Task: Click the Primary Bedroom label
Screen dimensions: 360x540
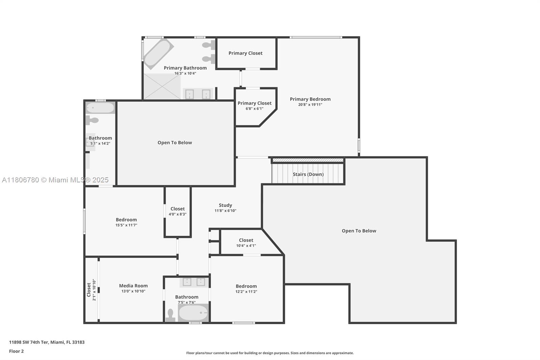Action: [x=310, y=99]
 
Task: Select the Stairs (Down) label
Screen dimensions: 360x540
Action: [x=308, y=174]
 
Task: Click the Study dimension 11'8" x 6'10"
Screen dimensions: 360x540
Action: [x=225, y=211]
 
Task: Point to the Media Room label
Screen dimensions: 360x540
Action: [x=133, y=286]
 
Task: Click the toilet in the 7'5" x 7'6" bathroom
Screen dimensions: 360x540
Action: [x=170, y=315]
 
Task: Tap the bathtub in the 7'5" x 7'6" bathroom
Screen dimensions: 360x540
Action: [x=193, y=313]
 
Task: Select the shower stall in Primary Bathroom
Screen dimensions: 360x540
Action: [x=162, y=86]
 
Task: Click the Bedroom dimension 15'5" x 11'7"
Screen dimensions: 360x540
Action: [x=126, y=225]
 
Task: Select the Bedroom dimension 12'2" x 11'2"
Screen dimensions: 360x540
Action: [x=246, y=292]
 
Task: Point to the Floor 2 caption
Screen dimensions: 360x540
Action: [x=16, y=351]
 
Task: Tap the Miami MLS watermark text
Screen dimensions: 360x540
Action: [x=55, y=180]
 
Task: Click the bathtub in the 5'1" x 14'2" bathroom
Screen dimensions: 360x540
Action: [x=100, y=108]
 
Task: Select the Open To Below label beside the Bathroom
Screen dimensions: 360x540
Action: [x=174, y=143]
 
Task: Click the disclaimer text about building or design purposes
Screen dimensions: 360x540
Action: [x=270, y=353]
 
